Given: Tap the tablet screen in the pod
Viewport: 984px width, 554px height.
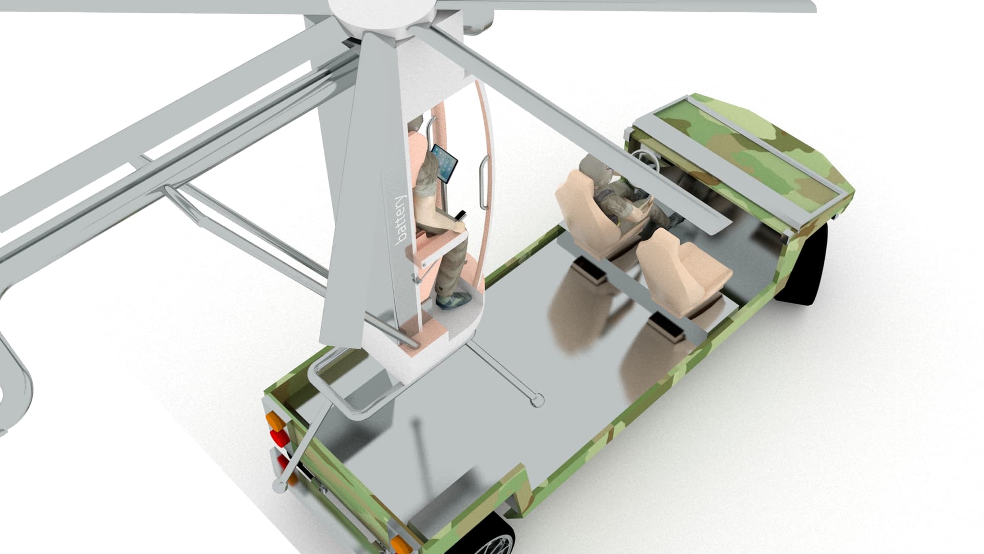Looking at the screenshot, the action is pyautogui.click(x=444, y=164).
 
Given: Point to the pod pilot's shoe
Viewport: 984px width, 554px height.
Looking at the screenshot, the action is pyautogui.click(x=454, y=299).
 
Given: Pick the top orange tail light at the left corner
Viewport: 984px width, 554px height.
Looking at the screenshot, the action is pyautogui.click(x=275, y=422).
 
